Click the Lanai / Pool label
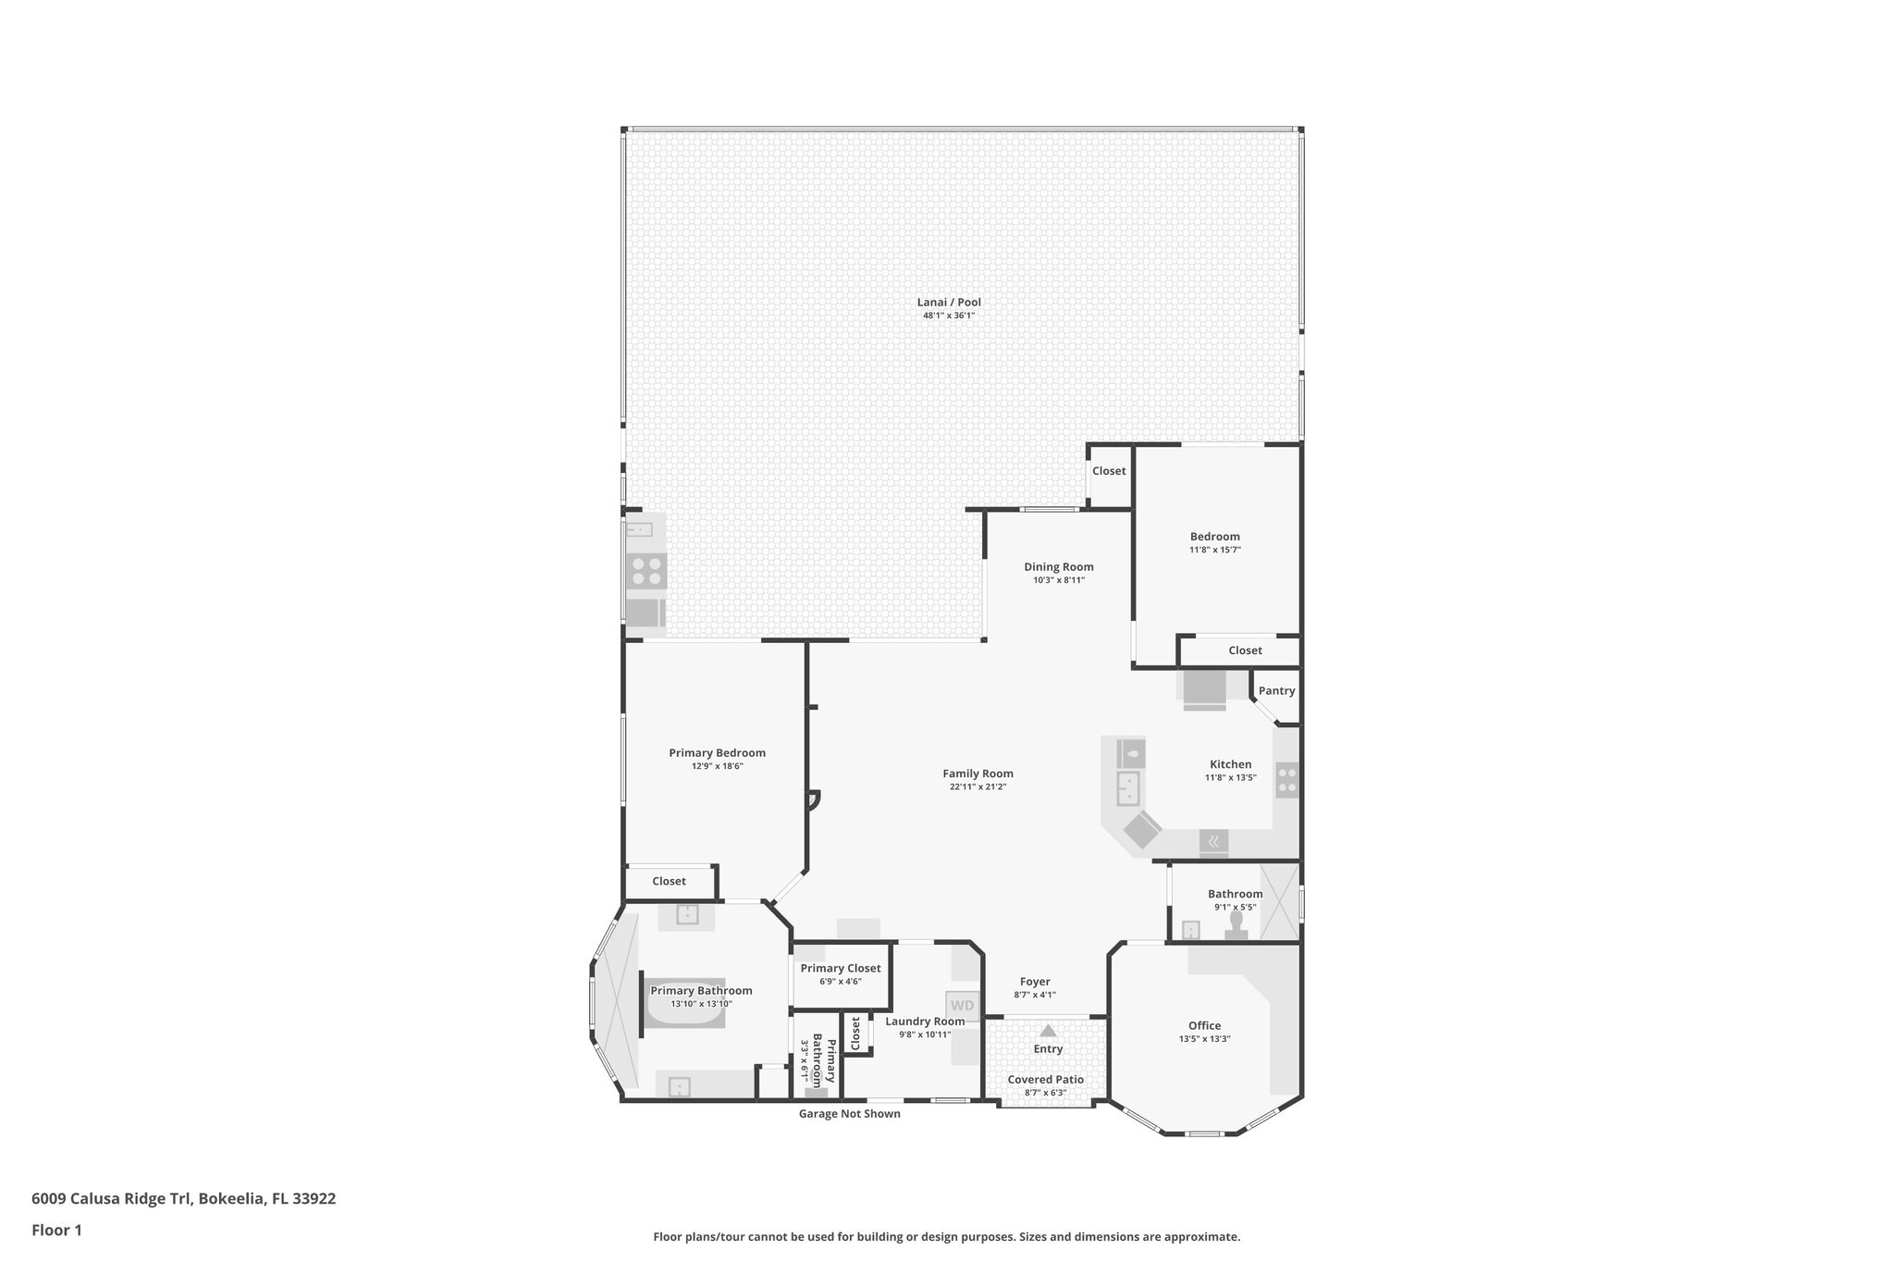click(x=949, y=303)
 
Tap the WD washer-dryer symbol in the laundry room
click(x=962, y=1006)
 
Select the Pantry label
click(x=1276, y=691)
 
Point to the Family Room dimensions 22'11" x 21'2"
click(x=978, y=787)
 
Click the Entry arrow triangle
click(x=1048, y=1031)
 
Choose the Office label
click(x=1204, y=1026)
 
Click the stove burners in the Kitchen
click(x=1286, y=779)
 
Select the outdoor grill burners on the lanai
click(x=646, y=571)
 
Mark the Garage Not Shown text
click(x=849, y=1114)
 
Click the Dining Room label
click(x=1058, y=567)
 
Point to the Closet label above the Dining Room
click(x=1109, y=471)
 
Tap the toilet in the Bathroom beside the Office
click(x=1236, y=931)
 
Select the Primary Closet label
click(x=841, y=969)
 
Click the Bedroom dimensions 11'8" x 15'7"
click(x=1214, y=550)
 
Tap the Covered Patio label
click(x=1045, y=1080)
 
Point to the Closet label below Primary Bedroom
click(x=669, y=882)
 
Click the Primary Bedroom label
click(x=717, y=753)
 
